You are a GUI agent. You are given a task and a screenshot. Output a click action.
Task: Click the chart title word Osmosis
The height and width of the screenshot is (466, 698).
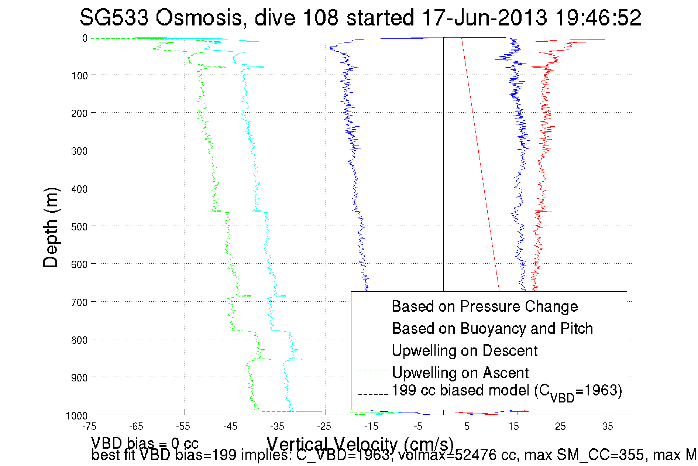(198, 18)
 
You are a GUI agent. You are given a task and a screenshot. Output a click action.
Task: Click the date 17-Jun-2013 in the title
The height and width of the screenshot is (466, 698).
(484, 18)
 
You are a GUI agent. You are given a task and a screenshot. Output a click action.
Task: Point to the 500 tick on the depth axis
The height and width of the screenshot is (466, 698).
(79, 226)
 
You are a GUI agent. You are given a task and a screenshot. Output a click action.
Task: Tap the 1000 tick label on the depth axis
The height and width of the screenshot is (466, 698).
(76, 416)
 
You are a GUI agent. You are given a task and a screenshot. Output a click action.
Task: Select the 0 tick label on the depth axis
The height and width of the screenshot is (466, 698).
(85, 38)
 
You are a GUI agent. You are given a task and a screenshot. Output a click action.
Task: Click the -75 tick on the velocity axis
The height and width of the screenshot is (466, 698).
(89, 426)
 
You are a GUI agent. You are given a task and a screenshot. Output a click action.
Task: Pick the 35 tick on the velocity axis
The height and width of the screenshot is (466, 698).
(608, 426)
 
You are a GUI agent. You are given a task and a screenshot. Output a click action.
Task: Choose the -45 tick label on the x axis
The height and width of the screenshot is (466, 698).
(230, 426)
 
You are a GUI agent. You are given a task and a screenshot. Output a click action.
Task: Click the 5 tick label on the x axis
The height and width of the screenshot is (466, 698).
(467, 426)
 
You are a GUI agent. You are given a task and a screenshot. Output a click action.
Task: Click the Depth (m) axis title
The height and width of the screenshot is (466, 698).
(51, 227)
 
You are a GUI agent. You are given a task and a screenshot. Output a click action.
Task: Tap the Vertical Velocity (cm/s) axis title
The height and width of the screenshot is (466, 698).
(360, 444)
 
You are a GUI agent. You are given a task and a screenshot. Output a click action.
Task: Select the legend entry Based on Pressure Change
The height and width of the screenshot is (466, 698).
(484, 306)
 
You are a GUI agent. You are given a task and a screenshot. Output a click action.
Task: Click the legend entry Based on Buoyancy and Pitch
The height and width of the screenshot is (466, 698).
(492, 328)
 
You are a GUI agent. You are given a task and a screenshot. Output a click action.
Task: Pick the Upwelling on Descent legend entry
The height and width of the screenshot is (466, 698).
(464, 350)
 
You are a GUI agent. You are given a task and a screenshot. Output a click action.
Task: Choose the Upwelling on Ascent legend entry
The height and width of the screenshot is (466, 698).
(460, 373)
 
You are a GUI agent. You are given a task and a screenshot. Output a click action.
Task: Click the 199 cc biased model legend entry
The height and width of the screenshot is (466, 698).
(506, 391)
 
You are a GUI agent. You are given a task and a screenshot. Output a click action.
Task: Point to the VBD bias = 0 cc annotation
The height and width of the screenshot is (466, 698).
(145, 443)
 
